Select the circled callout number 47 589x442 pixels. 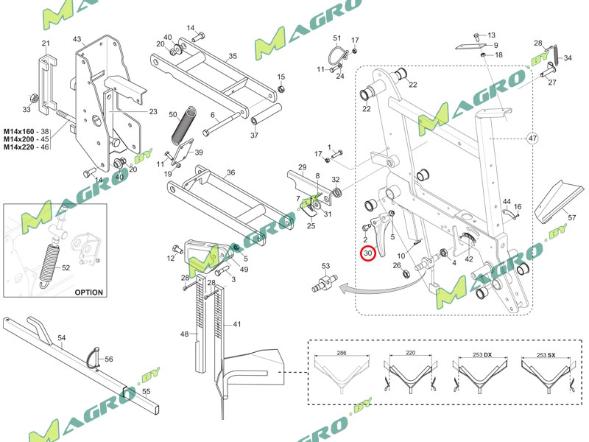click(x=533, y=138)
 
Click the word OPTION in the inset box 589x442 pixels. click(x=88, y=292)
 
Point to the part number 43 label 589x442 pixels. click(x=77, y=39)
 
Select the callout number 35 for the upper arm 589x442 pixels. click(x=232, y=56)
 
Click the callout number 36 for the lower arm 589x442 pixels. click(x=230, y=172)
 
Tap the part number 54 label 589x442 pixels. click(x=62, y=337)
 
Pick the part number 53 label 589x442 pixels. click(x=325, y=265)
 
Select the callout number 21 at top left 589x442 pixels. click(x=46, y=43)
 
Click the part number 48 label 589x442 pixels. click(x=184, y=334)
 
